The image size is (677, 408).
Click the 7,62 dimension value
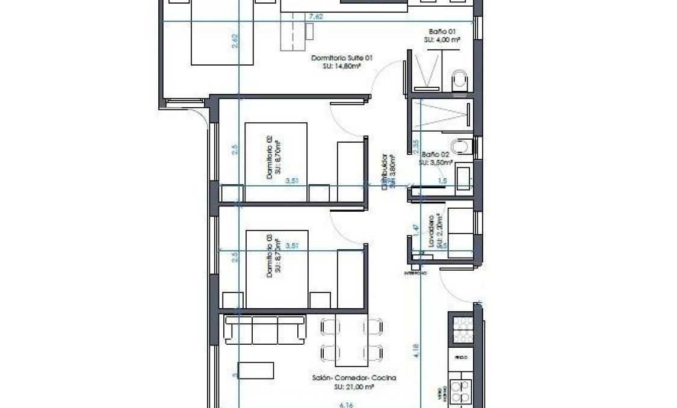click(x=315, y=17)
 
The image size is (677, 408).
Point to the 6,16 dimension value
click(x=346, y=404)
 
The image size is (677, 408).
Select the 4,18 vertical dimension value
click(x=416, y=351)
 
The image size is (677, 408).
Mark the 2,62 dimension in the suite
click(x=235, y=41)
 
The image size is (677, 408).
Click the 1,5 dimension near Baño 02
click(x=442, y=181)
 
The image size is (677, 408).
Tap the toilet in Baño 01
click(x=460, y=81)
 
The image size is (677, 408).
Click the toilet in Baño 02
click(x=462, y=146)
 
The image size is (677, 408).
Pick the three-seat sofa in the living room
click(x=261, y=329)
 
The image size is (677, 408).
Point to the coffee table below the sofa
click(x=256, y=369)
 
